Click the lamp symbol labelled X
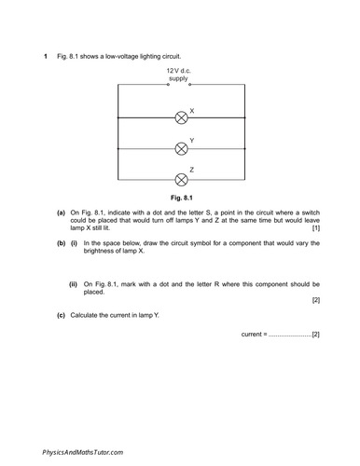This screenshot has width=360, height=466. (181, 118)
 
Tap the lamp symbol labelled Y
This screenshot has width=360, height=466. (181, 148)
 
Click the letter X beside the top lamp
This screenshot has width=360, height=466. (191, 111)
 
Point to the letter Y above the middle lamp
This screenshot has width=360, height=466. (191, 141)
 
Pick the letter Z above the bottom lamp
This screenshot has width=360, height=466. (191, 170)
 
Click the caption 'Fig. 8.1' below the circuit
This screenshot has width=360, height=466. (181, 198)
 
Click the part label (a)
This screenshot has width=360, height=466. (61, 212)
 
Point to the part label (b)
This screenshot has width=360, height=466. (61, 243)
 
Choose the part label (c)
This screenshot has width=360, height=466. (61, 315)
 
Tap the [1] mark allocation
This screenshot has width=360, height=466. (316, 228)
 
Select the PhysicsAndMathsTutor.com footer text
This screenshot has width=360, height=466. (83, 451)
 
